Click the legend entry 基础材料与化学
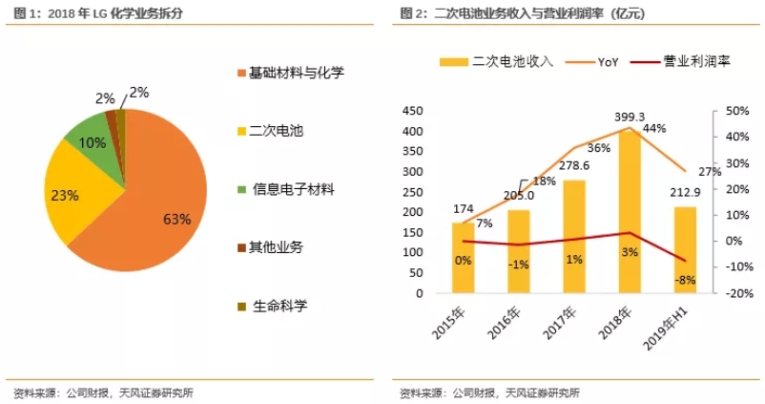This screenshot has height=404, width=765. tap(297, 73)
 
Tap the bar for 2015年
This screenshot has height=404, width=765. tap(463, 258)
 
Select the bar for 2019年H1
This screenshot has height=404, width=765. tap(685, 249)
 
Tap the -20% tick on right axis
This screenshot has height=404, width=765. tap(739, 294)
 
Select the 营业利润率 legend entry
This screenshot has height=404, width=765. tap(692, 61)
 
